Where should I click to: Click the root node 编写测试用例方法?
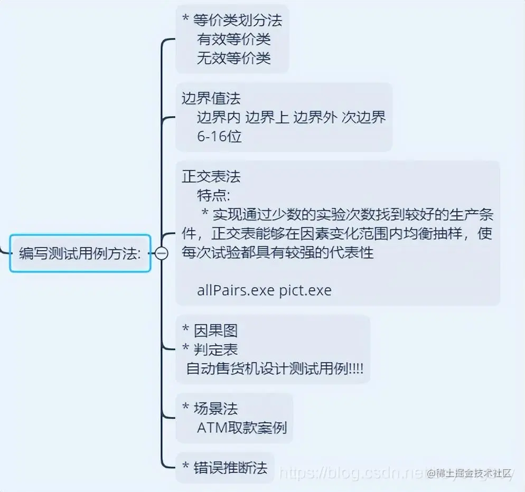click(80, 253)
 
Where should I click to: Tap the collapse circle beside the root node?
click(162, 253)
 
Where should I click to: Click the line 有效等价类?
click(233, 39)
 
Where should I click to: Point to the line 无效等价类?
click(233, 57)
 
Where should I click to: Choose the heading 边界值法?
click(211, 99)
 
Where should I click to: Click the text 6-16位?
click(219, 136)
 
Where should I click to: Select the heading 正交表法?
click(211, 176)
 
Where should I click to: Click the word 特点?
click(213, 195)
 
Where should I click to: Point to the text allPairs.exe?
click(236, 290)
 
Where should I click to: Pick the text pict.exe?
click(305, 290)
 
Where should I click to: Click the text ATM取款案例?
click(242, 427)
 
